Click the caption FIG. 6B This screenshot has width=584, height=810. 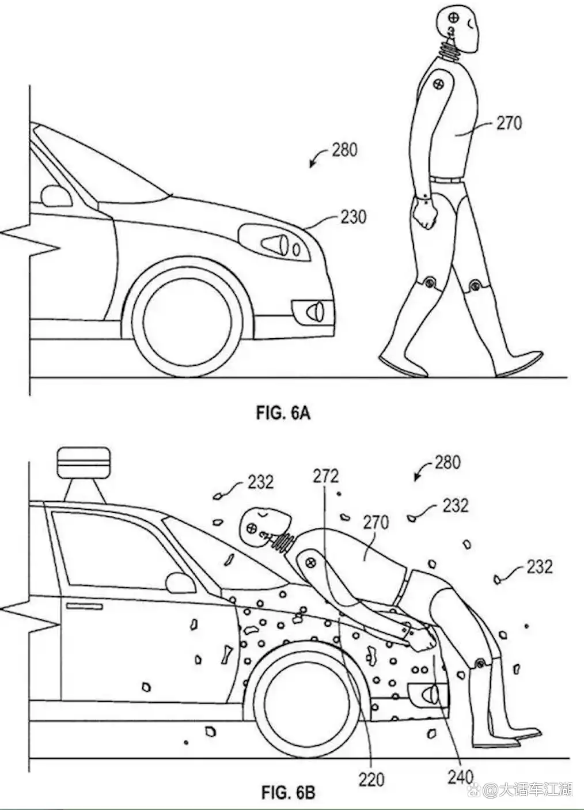(x=288, y=792)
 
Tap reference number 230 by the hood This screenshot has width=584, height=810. (x=353, y=217)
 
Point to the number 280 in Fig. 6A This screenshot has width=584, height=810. (x=344, y=150)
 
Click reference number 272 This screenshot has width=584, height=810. (x=325, y=476)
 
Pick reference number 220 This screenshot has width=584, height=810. (x=371, y=779)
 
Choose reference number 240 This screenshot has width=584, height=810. (x=460, y=777)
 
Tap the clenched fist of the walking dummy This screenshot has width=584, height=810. (x=425, y=214)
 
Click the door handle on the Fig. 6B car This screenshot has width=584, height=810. (x=84, y=606)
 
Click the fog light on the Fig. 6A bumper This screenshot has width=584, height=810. (x=313, y=311)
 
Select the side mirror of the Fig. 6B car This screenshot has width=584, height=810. (x=179, y=582)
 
